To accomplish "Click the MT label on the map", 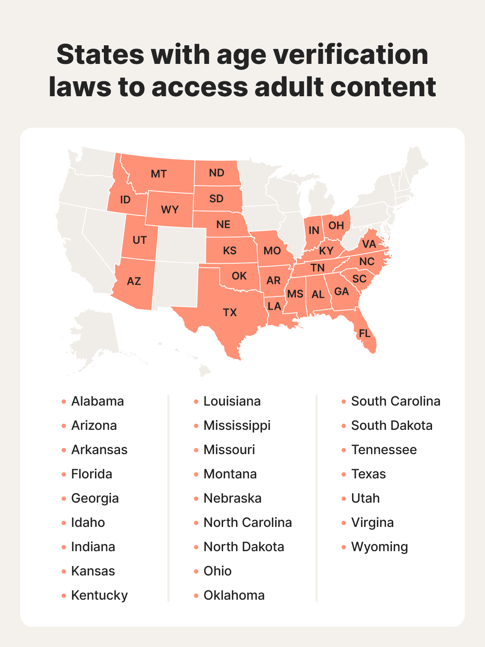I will click(x=158, y=174).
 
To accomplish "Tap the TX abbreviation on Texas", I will click(x=230, y=313).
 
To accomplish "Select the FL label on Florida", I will click(x=365, y=334).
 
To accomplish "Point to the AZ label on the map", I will click(x=134, y=281).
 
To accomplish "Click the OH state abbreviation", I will click(x=336, y=226).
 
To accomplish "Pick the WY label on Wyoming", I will click(x=170, y=209).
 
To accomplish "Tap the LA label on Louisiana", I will click(x=274, y=306).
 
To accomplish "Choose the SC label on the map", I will click(x=359, y=279).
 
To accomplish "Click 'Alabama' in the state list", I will click(x=97, y=402).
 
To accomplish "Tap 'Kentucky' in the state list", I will click(x=99, y=596).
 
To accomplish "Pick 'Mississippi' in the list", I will click(x=237, y=426).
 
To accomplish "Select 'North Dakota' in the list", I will click(x=244, y=547).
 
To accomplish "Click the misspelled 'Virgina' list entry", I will click(x=372, y=523).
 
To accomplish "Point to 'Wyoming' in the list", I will click(x=380, y=547).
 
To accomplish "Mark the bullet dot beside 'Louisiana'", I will click(x=196, y=402).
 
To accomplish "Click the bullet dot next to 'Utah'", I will click(x=344, y=499).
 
